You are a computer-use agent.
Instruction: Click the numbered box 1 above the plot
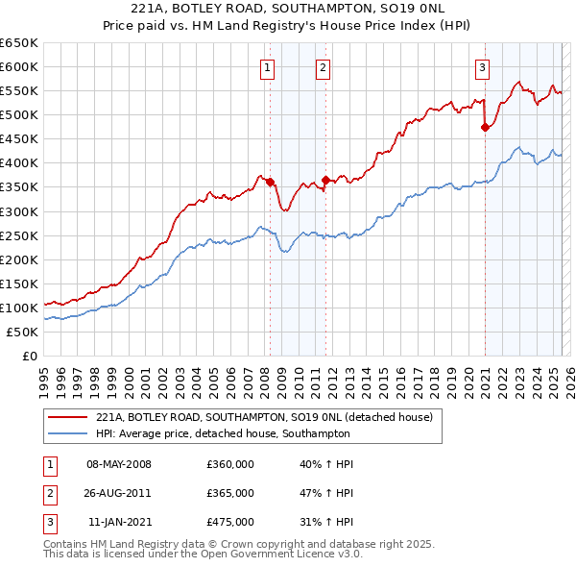(x=266, y=67)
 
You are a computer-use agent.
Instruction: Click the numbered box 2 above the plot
(x=323, y=67)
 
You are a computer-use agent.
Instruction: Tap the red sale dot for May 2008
(x=271, y=182)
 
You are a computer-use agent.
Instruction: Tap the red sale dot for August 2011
(x=326, y=180)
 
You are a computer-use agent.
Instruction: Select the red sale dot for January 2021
(x=485, y=126)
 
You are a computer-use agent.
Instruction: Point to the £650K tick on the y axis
(x=19, y=43)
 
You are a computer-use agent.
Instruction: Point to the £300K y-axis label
(x=19, y=211)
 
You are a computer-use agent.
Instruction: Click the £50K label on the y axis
(x=23, y=332)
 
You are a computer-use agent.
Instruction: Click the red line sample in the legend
(x=68, y=417)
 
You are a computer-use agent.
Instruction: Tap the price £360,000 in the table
(x=230, y=464)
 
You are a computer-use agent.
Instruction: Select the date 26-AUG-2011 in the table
(x=119, y=493)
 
